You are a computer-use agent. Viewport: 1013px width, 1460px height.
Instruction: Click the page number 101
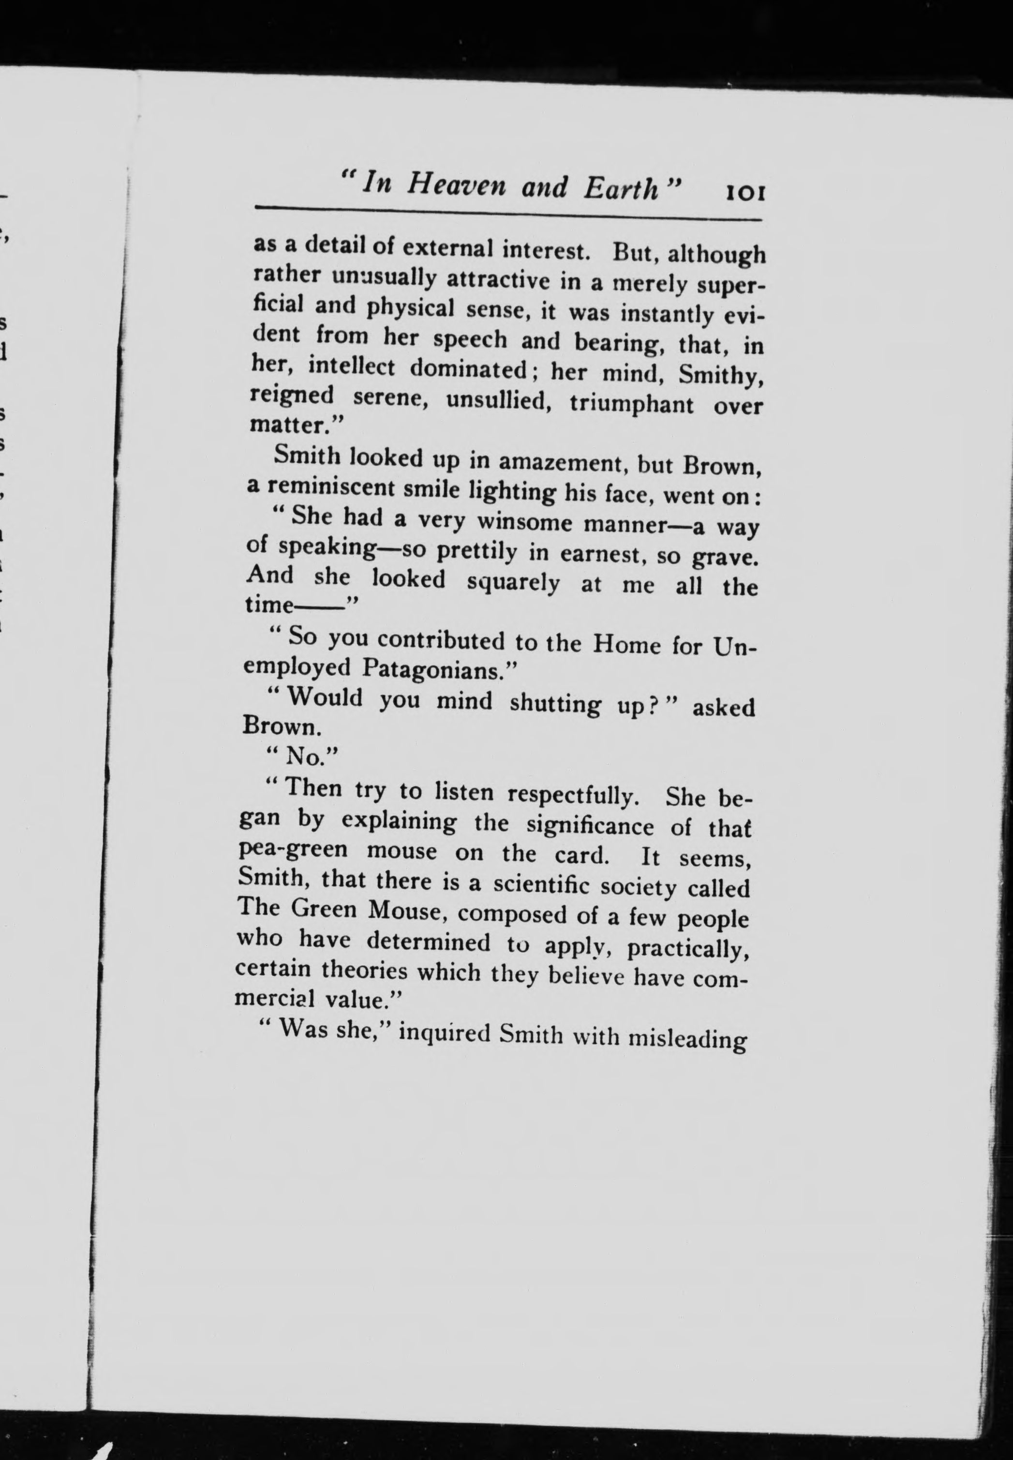pos(746,191)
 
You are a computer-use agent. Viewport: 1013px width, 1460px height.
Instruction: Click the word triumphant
pos(631,403)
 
